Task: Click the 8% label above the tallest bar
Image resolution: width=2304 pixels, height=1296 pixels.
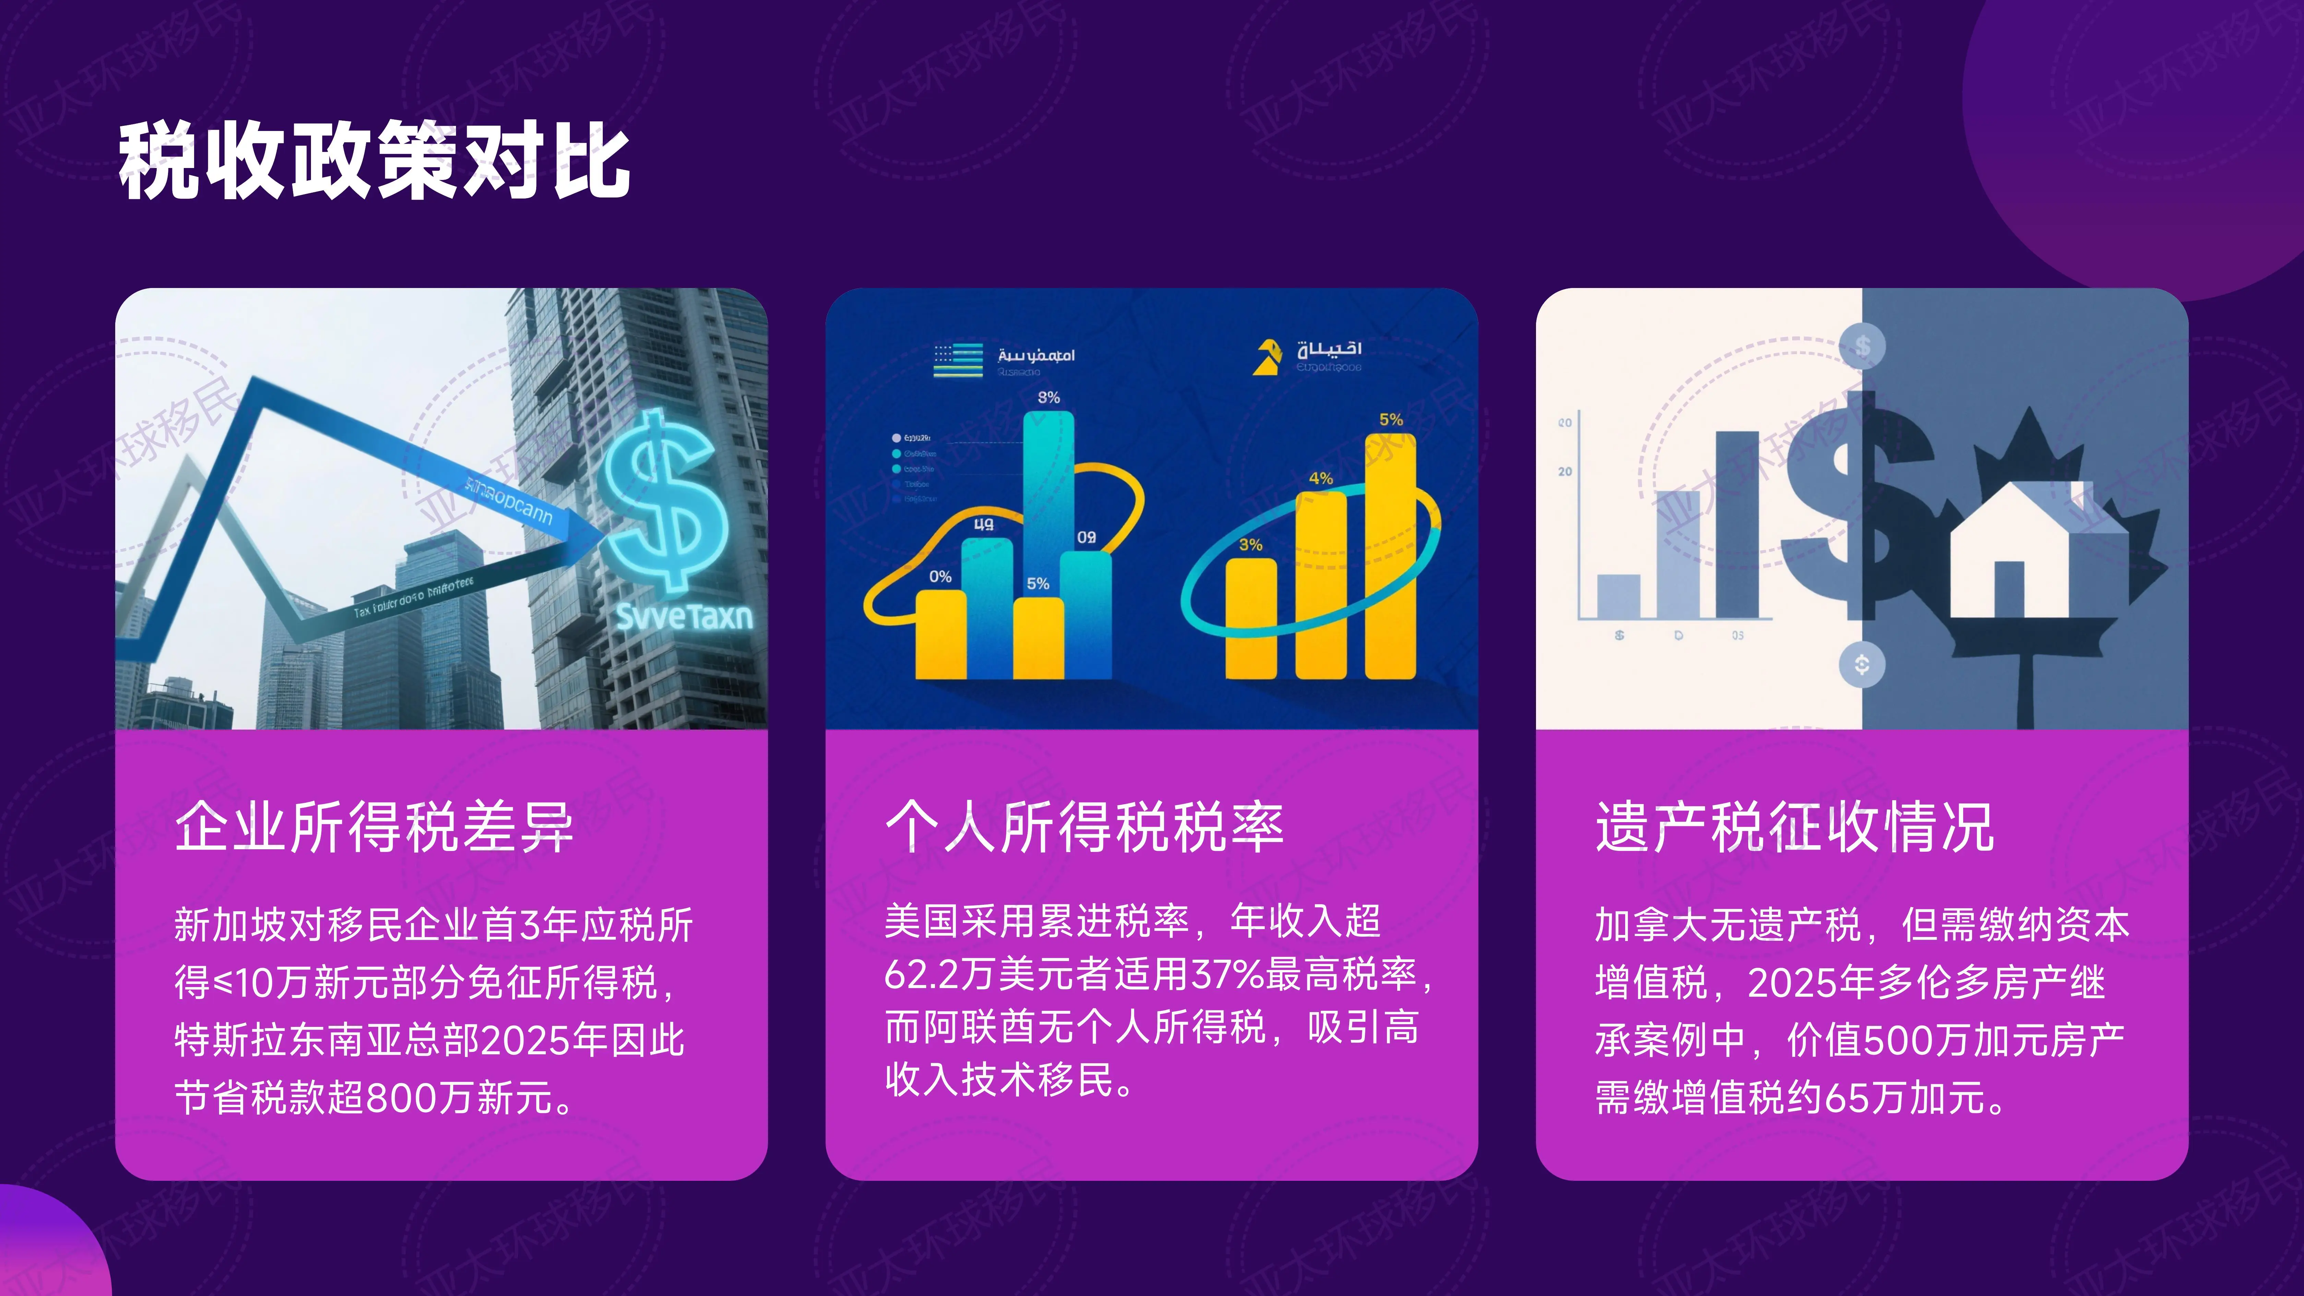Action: tap(1048, 397)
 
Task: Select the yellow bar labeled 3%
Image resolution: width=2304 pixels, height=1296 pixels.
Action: tap(1250, 617)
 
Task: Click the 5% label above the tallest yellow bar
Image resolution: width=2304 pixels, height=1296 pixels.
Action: tap(1391, 419)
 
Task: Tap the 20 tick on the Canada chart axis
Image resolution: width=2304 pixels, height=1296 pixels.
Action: tap(1564, 471)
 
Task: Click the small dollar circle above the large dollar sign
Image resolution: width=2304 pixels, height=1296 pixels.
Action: tap(1862, 346)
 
